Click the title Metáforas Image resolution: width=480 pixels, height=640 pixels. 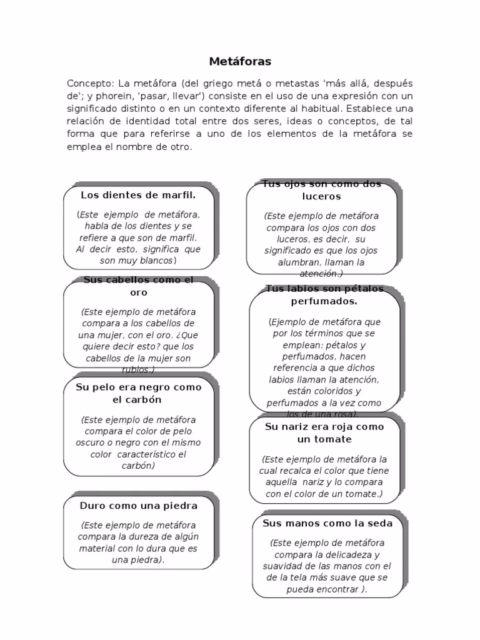239,62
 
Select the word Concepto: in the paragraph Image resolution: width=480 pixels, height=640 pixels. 89,84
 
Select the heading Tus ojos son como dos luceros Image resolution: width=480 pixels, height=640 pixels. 321,190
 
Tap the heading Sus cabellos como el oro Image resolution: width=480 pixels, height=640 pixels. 138,286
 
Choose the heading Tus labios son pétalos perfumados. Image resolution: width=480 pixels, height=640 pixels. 324,295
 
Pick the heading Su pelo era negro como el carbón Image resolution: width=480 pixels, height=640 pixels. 138,393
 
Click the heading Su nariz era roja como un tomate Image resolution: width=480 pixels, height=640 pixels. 324,432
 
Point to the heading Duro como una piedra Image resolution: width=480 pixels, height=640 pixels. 138,505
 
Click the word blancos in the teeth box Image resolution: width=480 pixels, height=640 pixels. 157,260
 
